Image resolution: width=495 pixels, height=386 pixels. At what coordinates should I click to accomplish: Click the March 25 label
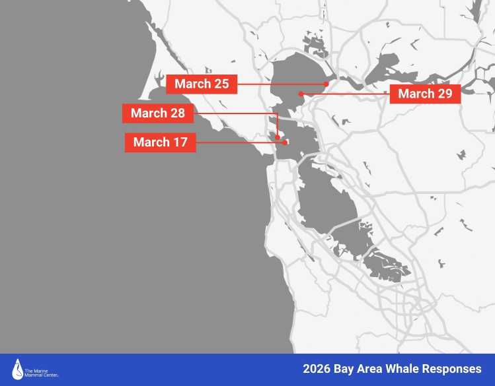(202, 84)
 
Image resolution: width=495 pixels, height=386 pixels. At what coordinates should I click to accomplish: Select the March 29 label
(425, 94)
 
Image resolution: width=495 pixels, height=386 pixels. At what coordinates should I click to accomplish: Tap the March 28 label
(158, 113)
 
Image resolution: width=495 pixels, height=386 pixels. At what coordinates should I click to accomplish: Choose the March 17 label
(160, 142)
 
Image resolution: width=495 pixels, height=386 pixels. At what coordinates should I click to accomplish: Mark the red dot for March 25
(326, 84)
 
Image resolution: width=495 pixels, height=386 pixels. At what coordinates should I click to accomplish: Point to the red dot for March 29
(301, 94)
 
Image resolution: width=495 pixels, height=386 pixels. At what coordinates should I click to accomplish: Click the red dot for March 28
(278, 138)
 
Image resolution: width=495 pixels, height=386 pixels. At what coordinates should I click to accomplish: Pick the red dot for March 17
(284, 142)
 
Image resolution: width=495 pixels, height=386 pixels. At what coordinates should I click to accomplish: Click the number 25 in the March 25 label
(221, 84)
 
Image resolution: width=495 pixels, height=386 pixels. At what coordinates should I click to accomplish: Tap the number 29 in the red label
(445, 94)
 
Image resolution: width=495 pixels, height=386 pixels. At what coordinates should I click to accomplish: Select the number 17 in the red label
(180, 142)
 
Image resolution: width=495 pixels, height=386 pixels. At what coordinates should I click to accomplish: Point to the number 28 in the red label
(177, 113)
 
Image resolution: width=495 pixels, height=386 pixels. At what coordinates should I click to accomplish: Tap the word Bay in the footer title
(346, 368)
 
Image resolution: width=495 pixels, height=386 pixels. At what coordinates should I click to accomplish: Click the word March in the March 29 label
(416, 94)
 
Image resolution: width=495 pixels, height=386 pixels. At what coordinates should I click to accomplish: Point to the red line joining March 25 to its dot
(278, 84)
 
